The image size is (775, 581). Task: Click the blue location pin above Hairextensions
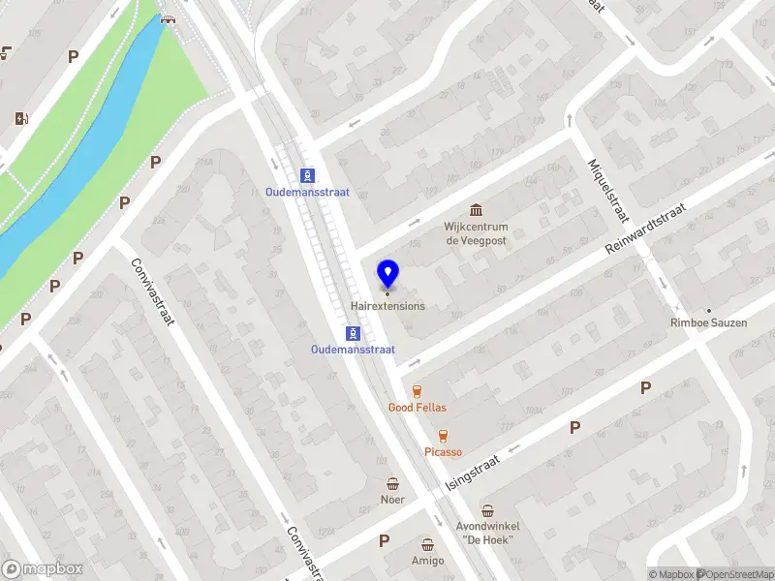[388, 274]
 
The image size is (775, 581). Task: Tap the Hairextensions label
[387, 306]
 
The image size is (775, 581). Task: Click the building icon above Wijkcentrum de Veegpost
[477, 210]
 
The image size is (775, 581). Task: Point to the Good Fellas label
[418, 408]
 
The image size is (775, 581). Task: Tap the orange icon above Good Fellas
[418, 390]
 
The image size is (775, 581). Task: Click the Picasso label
[443, 452]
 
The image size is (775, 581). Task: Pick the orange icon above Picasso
[443, 436]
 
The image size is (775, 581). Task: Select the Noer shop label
[392, 500]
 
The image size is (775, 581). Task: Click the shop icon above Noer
[392, 483]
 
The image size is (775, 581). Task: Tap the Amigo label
[427, 561]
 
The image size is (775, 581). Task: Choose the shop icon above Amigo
[427, 544]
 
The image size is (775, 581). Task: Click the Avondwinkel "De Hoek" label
[486, 534]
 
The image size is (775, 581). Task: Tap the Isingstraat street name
[472, 472]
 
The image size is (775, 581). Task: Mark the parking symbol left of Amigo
[385, 540]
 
